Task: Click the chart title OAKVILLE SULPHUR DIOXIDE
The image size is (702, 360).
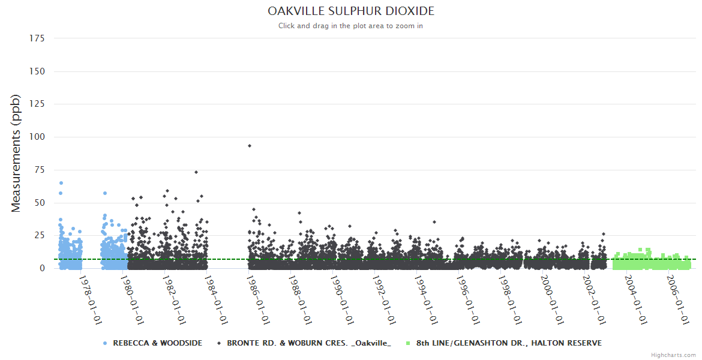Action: pyautogui.click(x=351, y=11)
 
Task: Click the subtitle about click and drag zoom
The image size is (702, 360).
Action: pyautogui.click(x=351, y=26)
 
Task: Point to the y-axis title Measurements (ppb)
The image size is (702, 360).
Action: pyautogui.click(x=16, y=153)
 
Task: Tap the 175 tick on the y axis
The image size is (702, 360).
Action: pyautogui.click(x=37, y=38)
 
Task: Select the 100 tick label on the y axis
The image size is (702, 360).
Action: pyautogui.click(x=37, y=137)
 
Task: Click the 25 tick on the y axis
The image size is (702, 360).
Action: pyautogui.click(x=39, y=235)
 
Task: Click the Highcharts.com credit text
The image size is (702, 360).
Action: pyautogui.click(x=673, y=355)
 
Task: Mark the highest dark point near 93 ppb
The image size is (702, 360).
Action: pyautogui.click(x=250, y=146)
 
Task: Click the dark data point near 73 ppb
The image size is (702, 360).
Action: pyautogui.click(x=196, y=172)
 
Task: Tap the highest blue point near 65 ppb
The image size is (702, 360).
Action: pyautogui.click(x=61, y=183)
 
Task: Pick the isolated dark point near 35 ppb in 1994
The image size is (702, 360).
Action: pyautogui.click(x=434, y=222)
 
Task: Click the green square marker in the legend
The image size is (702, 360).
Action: pyautogui.click(x=408, y=343)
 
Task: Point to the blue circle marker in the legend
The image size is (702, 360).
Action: pyautogui.click(x=105, y=343)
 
